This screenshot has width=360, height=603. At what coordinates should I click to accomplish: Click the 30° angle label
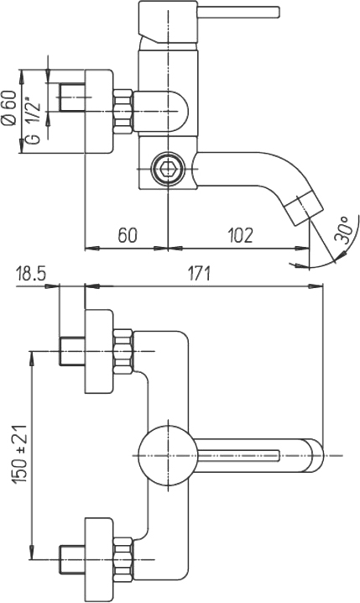(343, 229)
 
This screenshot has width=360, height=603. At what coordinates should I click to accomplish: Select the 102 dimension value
(241, 235)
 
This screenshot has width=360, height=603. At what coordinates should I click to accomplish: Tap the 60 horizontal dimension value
(128, 235)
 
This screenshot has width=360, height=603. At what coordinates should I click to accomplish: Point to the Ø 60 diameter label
(9, 107)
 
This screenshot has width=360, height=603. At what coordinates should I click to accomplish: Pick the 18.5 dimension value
(31, 275)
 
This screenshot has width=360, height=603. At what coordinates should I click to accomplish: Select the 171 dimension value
(199, 275)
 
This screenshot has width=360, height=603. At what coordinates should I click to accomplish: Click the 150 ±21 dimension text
(20, 454)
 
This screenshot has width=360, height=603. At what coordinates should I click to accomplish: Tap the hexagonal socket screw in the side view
(168, 168)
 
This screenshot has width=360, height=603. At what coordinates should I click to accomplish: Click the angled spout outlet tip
(305, 210)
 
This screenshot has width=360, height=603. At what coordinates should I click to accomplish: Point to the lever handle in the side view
(208, 22)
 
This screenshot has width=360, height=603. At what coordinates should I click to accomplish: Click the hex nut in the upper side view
(123, 112)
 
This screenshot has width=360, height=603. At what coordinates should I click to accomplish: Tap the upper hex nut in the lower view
(123, 351)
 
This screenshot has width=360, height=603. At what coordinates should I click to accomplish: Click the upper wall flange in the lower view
(99, 351)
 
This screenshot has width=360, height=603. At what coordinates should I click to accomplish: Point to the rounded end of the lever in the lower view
(315, 456)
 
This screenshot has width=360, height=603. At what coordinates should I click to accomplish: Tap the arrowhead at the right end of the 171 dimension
(316, 286)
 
